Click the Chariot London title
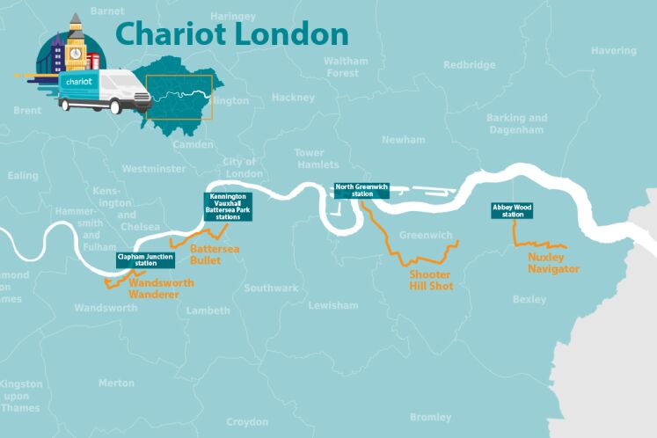[x=231, y=33]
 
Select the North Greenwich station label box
[x=359, y=190]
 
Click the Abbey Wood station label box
[x=512, y=210]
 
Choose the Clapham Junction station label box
[x=146, y=259]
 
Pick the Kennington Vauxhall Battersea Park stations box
[x=229, y=206]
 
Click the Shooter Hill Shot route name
[x=430, y=280]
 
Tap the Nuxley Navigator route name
[x=553, y=263]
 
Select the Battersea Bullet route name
[x=214, y=255]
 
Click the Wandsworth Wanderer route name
[x=155, y=289]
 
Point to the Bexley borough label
[x=529, y=300]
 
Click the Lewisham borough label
[x=333, y=305]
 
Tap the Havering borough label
[x=613, y=51]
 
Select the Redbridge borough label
[x=469, y=65]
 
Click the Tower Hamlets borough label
[x=316, y=158]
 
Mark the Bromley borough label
[x=430, y=417]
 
